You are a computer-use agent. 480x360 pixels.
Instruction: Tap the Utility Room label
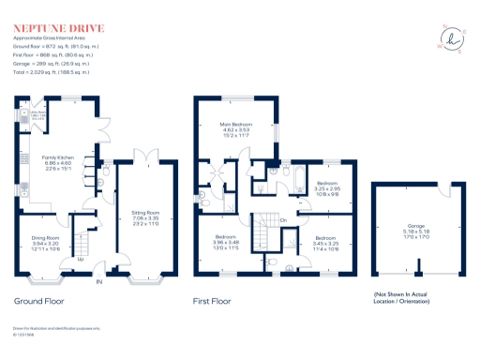[37, 116]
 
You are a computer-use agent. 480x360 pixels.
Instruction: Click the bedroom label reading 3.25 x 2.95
[327, 188]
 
